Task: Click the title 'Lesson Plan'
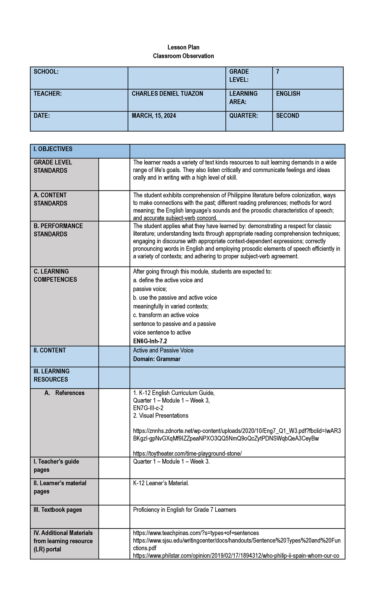coord(183,47)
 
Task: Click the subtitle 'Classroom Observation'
coord(183,56)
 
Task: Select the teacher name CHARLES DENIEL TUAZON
coord(167,94)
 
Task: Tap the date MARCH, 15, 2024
coord(154,116)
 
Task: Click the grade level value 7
coord(278,72)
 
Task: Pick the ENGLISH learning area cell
coord(288,94)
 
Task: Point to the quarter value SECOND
coord(287,116)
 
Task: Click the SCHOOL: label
coord(46,72)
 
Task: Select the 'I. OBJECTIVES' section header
coord(53,149)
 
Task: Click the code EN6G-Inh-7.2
coord(150,341)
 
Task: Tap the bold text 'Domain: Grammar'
coord(157,359)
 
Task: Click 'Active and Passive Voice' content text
coord(163,350)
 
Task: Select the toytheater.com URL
coord(187,453)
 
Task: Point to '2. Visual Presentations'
coord(161,415)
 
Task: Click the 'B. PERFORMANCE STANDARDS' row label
coord(58,230)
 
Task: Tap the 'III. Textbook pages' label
coord(58,510)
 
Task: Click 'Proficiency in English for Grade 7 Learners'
coord(184,510)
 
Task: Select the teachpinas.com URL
coord(196,533)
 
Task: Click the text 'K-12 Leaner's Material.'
coord(161,483)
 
